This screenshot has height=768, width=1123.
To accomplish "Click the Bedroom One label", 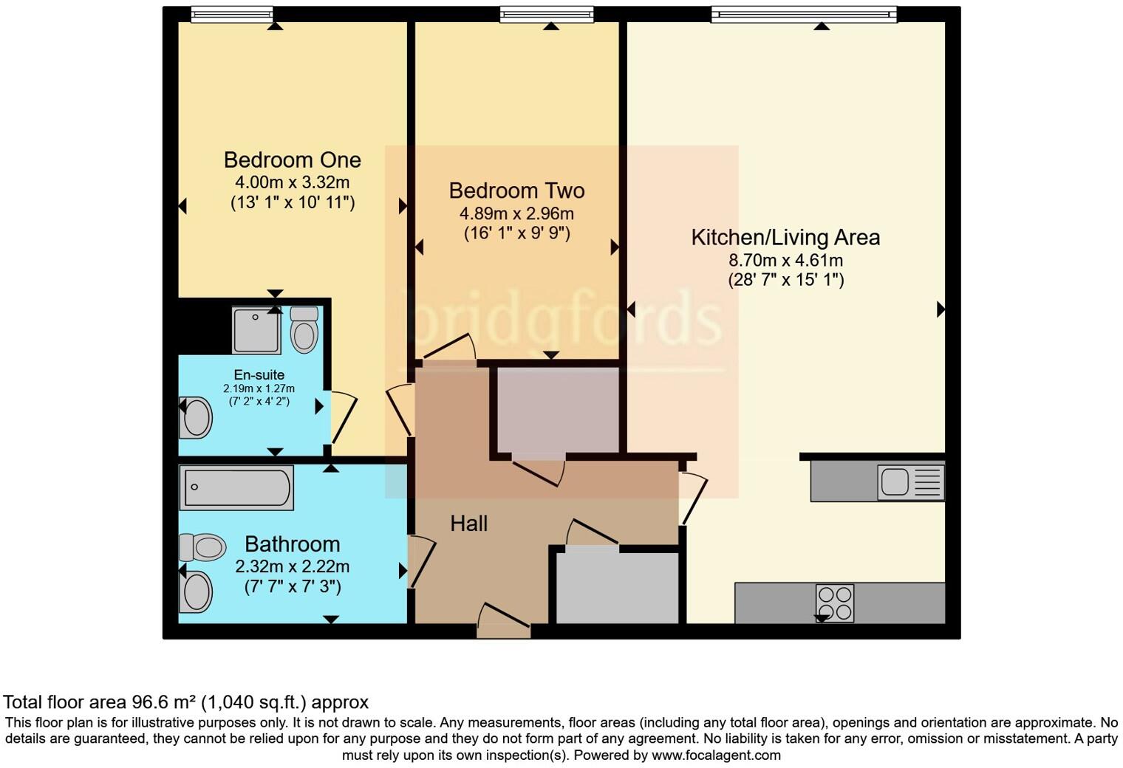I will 292,160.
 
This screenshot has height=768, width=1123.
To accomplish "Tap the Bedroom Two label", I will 516,191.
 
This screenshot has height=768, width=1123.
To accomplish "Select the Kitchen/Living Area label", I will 785,238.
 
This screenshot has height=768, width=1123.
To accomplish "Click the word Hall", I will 469,524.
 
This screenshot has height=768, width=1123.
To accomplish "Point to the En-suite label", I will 259,375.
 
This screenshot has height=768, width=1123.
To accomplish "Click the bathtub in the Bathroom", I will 236,487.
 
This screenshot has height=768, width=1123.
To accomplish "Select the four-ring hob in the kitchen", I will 834,603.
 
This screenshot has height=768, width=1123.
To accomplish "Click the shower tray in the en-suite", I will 256,330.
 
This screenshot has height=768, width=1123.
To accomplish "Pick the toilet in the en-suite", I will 304,329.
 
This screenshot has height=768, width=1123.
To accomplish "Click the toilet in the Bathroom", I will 202,547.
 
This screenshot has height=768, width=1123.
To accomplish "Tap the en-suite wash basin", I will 196,418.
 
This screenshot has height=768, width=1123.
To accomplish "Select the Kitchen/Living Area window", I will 804,14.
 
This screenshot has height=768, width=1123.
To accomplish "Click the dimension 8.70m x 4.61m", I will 785,261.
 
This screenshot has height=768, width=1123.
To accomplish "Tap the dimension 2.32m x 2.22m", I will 292,567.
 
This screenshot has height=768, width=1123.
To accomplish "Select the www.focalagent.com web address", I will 716,755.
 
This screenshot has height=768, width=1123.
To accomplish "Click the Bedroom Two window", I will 547,14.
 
